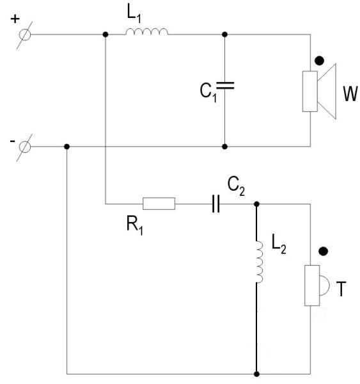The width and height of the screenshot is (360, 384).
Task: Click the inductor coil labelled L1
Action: [x=147, y=32]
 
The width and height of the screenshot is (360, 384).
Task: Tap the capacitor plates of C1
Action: [x=225, y=86]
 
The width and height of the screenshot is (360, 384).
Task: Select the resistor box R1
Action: [x=159, y=204]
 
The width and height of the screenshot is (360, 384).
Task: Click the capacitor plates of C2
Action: [x=215, y=204]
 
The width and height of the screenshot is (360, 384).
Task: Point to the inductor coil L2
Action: [x=260, y=262]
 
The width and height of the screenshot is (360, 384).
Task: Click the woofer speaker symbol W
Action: [x=319, y=92]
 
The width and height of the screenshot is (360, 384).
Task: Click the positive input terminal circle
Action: [x=25, y=35]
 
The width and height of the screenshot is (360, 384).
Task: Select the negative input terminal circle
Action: [x=25, y=147]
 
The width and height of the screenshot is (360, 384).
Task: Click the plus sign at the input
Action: [x=15, y=19]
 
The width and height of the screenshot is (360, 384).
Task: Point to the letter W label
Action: [x=350, y=93]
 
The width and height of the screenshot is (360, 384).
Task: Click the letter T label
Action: [x=341, y=289]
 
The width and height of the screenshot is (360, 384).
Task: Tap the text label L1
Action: [x=134, y=13]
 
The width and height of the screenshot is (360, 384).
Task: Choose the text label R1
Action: [x=135, y=225]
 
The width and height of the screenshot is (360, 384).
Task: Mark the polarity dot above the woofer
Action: [x=319, y=61]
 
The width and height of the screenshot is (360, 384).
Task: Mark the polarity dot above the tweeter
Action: [x=323, y=252]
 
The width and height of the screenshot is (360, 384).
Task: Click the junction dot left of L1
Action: [x=106, y=35]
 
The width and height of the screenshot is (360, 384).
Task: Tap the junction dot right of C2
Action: [x=256, y=204]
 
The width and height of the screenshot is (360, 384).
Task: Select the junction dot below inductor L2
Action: [x=256, y=374]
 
